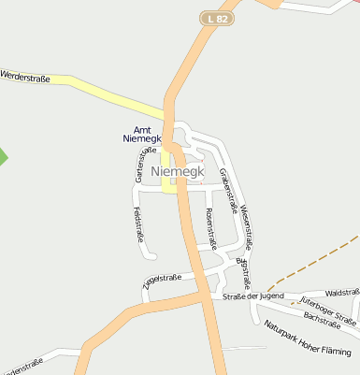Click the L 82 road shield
tap(217, 18)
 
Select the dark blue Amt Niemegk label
tap(142, 134)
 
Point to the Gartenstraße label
tap(145, 165)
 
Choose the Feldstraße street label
tap(138, 224)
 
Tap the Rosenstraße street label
tap(209, 229)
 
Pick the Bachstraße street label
tap(322, 321)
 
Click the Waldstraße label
tap(342, 292)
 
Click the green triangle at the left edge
tap(3, 156)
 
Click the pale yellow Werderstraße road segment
tap(103, 94)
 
